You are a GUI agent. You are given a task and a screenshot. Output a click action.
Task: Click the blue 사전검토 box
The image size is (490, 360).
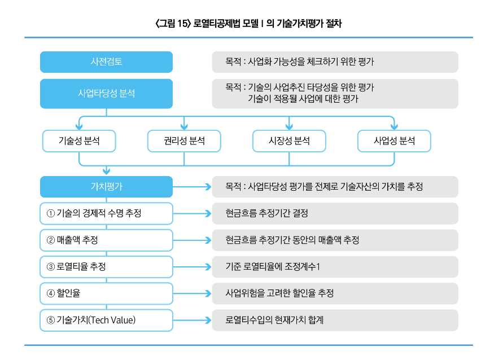[106, 62]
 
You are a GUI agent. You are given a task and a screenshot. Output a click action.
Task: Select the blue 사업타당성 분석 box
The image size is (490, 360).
[106, 94]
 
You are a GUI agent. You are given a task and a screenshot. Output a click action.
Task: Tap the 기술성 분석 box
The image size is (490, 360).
[79, 141]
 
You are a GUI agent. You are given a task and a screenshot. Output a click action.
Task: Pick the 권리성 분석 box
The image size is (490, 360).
[184, 141]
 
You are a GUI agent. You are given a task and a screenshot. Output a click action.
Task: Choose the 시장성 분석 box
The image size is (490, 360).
[289, 141]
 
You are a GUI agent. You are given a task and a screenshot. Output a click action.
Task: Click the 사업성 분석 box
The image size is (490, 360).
[394, 141]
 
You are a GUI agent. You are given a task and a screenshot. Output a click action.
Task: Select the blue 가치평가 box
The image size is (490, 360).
[106, 187]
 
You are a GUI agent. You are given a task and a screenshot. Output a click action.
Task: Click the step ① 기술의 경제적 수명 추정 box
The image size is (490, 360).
[106, 213]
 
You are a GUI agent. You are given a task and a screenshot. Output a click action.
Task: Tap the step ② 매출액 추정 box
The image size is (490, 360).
[106, 240]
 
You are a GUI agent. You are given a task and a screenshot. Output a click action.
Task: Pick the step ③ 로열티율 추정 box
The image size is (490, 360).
[106, 266]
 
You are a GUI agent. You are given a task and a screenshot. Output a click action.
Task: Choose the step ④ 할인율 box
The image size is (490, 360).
[106, 293]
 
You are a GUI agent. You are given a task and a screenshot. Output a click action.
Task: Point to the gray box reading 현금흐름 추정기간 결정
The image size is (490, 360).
[335, 213]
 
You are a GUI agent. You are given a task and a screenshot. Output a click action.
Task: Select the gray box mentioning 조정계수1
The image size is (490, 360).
[335, 266]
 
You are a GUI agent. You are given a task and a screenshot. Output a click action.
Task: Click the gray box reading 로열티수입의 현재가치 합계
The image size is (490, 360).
[335, 320]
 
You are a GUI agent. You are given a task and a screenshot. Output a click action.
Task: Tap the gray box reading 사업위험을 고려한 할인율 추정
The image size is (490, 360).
[335, 293]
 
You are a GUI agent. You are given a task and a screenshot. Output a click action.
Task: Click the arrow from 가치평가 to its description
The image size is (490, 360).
[192, 187]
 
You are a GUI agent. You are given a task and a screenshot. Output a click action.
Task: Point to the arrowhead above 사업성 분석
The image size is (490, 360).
[394, 126]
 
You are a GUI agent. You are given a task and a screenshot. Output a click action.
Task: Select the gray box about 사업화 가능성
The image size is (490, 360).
[335, 62]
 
